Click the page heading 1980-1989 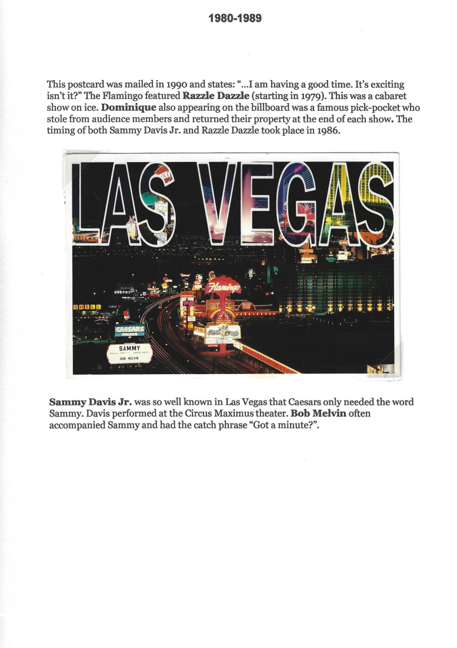235,18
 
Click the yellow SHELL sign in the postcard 87,306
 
